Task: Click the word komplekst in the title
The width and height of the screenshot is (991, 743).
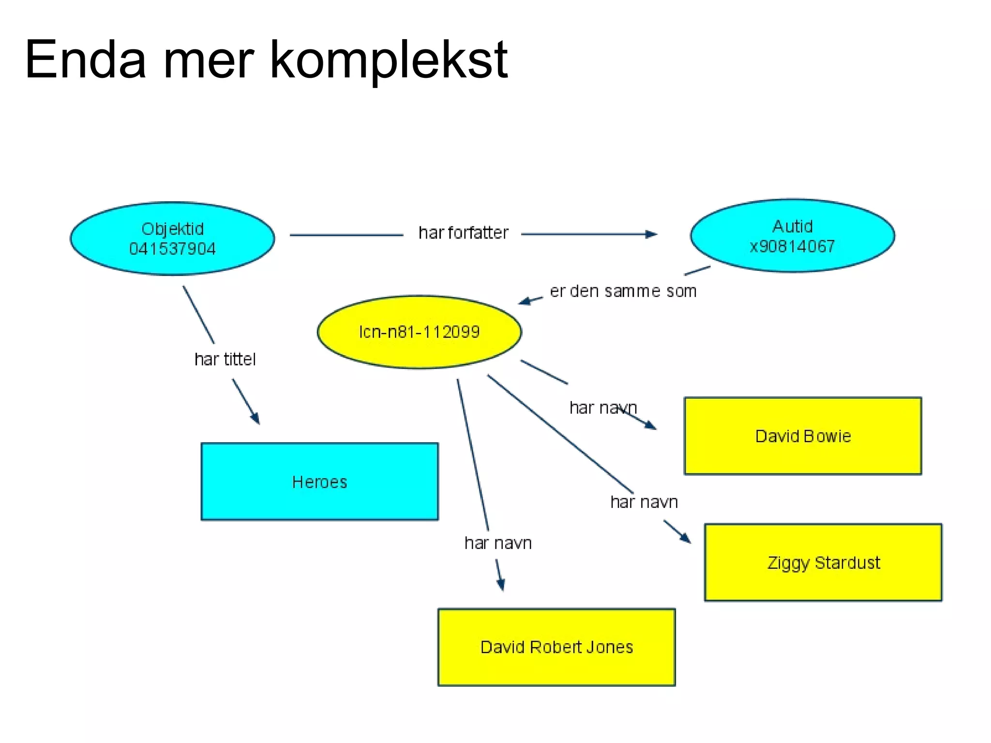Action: click(388, 60)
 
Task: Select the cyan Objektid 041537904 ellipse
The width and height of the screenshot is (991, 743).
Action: click(172, 238)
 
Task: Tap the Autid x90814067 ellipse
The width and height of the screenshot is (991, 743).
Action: click(792, 236)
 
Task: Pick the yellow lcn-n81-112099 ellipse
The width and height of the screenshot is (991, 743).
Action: click(419, 332)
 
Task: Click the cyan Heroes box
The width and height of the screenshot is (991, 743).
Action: click(319, 482)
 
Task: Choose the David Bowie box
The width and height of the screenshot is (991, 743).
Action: click(803, 436)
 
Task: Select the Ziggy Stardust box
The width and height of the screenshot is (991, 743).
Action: click(823, 563)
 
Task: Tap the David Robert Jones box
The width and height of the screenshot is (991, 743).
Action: click(556, 647)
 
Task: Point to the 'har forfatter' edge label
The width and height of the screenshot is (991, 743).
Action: click(463, 233)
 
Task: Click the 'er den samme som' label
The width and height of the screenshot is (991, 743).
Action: click(623, 291)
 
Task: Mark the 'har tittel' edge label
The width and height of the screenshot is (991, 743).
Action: click(225, 359)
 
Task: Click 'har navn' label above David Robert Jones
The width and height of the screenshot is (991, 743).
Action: click(498, 543)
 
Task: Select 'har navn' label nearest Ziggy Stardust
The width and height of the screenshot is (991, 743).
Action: click(644, 502)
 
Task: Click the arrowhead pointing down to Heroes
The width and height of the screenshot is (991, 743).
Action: click(255, 418)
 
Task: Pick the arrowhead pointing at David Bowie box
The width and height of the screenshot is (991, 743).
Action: click(650, 425)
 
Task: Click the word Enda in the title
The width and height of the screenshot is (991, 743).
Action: click(85, 60)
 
